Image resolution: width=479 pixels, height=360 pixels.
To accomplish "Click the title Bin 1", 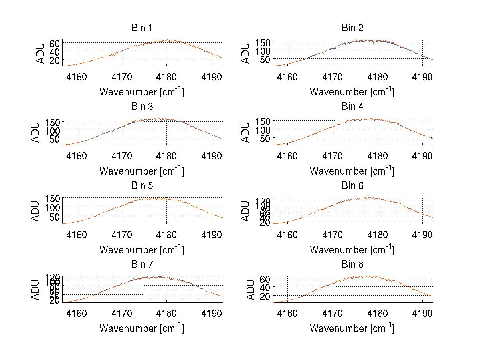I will tap(142, 28).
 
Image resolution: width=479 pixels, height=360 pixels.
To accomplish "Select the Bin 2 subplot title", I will tap(352, 28).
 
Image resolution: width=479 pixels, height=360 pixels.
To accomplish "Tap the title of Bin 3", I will tap(142, 107).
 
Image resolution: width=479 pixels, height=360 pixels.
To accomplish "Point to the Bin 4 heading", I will tap(352, 107).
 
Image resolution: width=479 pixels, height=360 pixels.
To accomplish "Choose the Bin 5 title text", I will tap(142, 186).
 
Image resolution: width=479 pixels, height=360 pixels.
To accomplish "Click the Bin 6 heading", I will tap(352, 186).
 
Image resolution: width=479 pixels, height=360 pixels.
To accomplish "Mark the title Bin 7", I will tap(142, 265).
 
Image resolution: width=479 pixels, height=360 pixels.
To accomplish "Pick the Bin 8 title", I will tap(352, 265).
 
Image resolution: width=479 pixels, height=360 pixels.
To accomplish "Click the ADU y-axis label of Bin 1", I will tap(41, 53).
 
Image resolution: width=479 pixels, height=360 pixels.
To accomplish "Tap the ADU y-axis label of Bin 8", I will tap(252, 290).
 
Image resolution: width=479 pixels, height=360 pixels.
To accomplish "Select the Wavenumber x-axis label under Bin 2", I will tap(352, 92).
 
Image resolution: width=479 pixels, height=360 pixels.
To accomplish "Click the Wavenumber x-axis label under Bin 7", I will tap(142, 328).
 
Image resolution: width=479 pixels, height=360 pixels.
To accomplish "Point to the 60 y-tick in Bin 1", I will tap(54, 43).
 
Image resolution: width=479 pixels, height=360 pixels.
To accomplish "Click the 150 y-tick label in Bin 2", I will tap(262, 42).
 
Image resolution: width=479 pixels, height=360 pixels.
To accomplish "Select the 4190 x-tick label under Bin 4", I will tap(422, 155).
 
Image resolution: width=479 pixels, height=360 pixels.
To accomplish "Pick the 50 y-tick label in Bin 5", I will tap(54, 216).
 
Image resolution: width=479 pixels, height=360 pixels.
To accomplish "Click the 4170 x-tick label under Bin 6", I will tap(333, 235).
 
